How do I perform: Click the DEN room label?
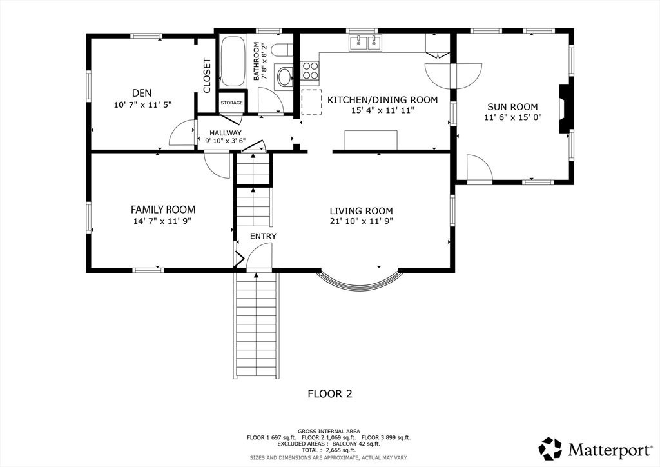click(142, 93)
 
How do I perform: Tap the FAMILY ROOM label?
click(163, 209)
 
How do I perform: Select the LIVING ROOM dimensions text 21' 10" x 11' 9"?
click(362, 221)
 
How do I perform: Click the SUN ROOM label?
click(512, 107)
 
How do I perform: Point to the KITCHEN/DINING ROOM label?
click(383, 100)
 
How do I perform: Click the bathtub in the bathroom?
click(233, 61)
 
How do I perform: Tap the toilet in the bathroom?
click(282, 50)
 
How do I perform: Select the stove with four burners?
click(310, 70)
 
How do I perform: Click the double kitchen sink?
click(365, 43)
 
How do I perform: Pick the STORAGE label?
click(232, 103)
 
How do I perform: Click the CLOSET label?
click(207, 76)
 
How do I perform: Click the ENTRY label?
click(263, 236)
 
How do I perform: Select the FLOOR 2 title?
click(330, 393)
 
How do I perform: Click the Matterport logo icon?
click(550, 448)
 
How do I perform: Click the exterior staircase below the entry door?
click(256, 325)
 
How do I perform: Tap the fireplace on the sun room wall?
click(565, 109)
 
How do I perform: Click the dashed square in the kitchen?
click(312, 102)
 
